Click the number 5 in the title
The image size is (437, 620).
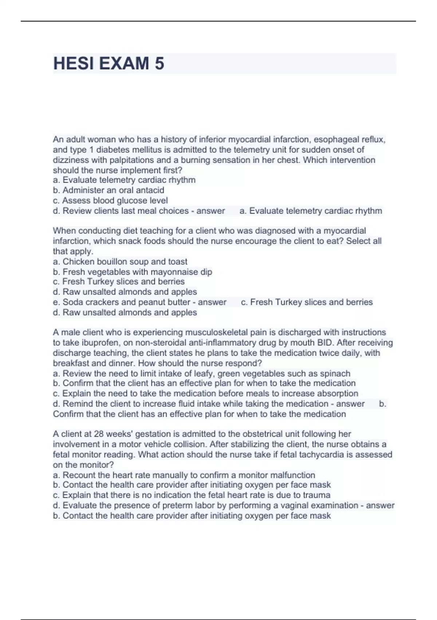160,63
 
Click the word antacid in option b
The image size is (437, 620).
150,190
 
